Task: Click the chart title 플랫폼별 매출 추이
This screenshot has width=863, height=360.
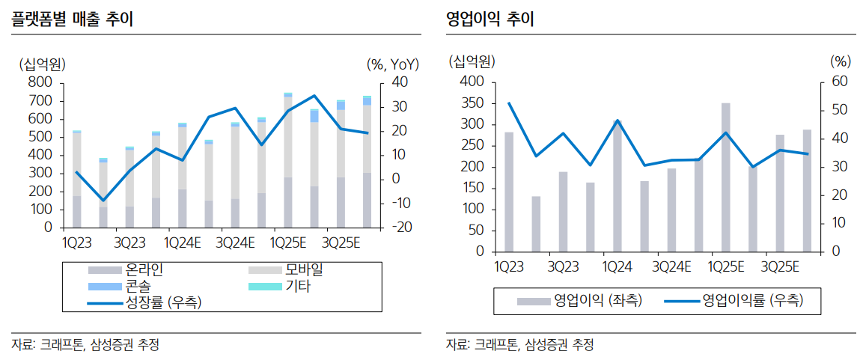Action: pyautogui.click(x=73, y=19)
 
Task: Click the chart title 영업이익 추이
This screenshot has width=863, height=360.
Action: pyautogui.click(x=490, y=19)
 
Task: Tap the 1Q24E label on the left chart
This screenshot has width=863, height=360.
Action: pyautogui.click(x=182, y=243)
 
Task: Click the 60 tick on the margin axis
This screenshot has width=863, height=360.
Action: pyautogui.click(x=841, y=82)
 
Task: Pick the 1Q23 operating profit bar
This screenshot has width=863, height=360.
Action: pyautogui.click(x=509, y=192)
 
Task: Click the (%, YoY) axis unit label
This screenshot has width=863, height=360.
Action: pyautogui.click(x=394, y=64)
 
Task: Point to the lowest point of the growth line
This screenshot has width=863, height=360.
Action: pyautogui.click(x=103, y=201)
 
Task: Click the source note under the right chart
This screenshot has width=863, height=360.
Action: pyautogui.click(x=520, y=345)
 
